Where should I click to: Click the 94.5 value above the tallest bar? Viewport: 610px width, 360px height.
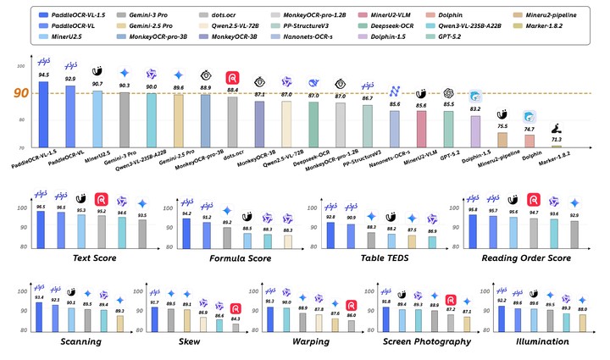43,74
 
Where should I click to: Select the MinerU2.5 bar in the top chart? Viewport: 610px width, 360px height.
97,119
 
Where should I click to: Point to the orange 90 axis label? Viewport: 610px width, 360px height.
18,94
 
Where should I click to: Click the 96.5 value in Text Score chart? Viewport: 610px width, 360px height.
41,206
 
